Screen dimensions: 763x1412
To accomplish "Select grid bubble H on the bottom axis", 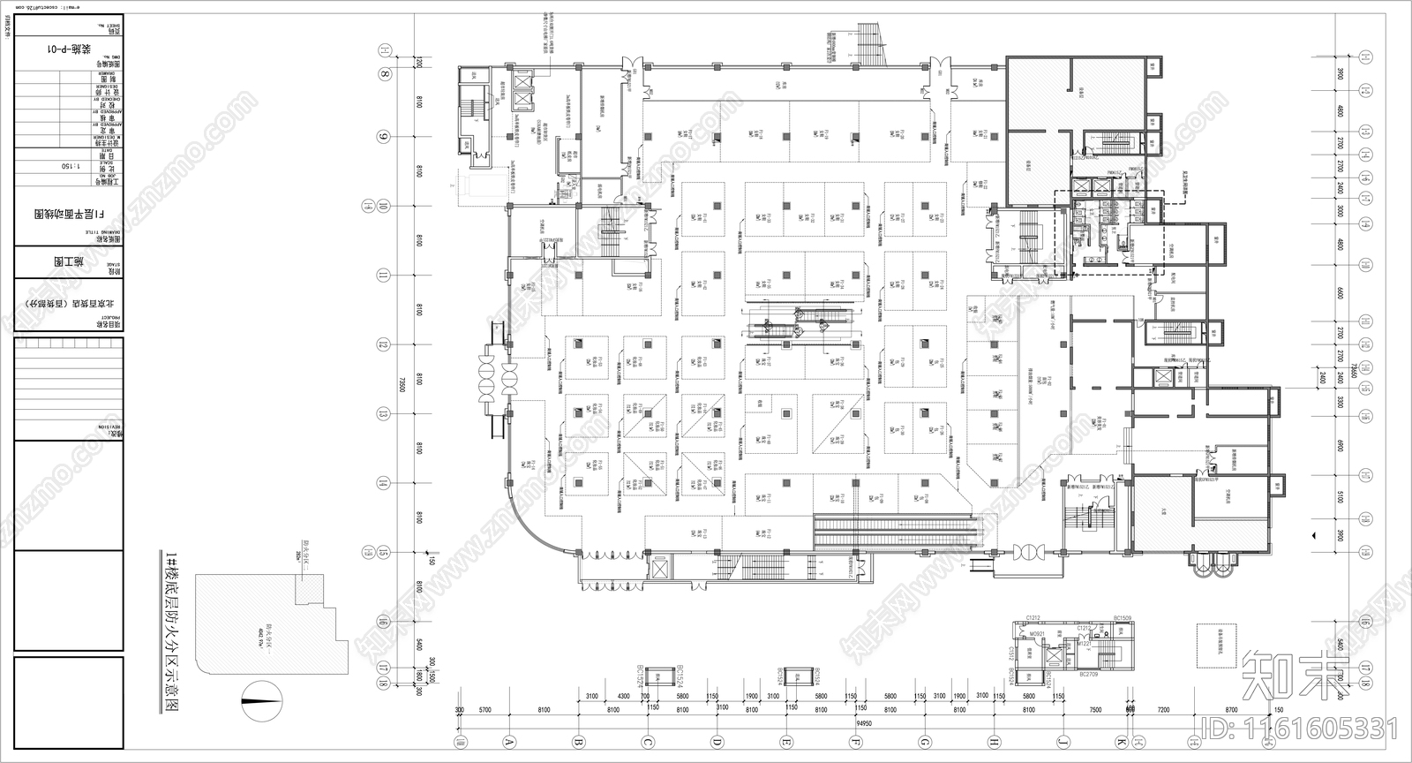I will pyautogui.click(x=994, y=742).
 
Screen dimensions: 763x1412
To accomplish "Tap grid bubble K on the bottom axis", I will pyautogui.click(x=1122, y=742).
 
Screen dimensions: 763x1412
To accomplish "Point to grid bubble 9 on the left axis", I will pyautogui.click(x=384, y=137).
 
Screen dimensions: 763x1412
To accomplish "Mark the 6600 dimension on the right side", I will pyautogui.click(x=1339, y=293).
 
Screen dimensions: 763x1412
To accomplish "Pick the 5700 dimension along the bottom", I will pyautogui.click(x=484, y=709).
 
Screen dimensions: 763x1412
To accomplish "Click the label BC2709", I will pyautogui.click(x=1088, y=674).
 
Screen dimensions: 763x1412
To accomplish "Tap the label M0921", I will pyautogui.click(x=1038, y=633).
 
